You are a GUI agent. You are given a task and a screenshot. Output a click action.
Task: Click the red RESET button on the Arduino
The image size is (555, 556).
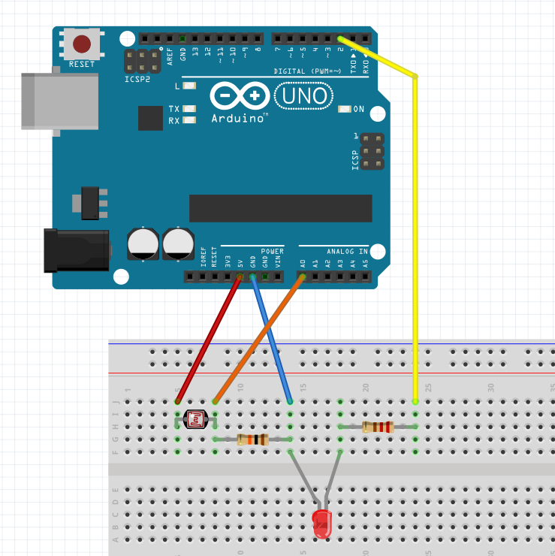(x=82, y=44)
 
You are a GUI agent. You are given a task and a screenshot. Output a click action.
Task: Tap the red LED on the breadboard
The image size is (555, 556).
(x=322, y=522)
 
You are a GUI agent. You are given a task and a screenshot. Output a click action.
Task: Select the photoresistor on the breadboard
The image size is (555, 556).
(x=196, y=419)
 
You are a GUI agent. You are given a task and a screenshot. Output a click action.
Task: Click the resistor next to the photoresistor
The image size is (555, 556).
(x=252, y=440)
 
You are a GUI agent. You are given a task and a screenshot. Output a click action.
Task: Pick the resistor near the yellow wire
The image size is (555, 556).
(x=378, y=427)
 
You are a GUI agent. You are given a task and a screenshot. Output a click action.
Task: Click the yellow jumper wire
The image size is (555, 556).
(x=415, y=225)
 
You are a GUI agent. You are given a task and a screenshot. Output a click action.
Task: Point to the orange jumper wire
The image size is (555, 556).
(x=259, y=339)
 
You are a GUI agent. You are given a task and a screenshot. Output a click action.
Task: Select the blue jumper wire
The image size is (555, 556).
(x=271, y=339)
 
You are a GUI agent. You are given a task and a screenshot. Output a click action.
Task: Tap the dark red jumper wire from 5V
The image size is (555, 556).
(x=209, y=339)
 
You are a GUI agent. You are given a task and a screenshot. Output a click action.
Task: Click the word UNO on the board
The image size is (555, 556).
(x=303, y=95)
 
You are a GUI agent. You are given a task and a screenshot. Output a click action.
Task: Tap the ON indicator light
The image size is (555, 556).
(x=345, y=110)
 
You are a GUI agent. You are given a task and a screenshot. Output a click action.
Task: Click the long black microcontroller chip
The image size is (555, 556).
(x=280, y=209)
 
